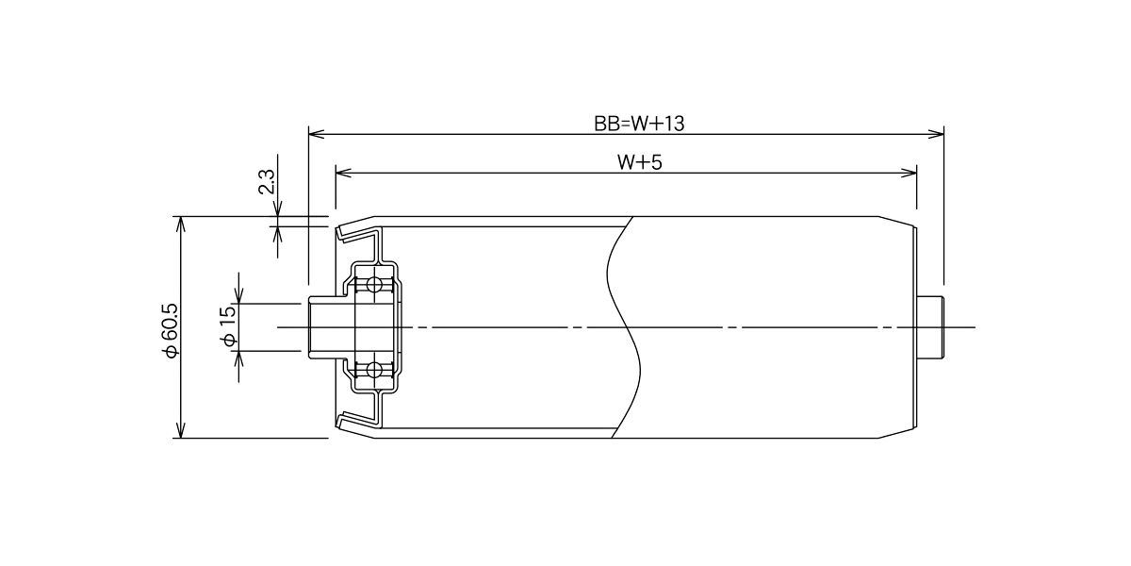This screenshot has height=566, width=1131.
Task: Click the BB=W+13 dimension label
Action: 639,124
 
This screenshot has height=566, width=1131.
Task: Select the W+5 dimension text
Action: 639,162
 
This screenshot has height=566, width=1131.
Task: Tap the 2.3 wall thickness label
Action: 267,182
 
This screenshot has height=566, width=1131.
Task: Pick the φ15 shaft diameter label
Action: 228,326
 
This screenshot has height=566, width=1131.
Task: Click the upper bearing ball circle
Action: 374,285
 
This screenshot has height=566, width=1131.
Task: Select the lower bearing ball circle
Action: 374,370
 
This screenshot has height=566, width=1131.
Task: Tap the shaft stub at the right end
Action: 930,327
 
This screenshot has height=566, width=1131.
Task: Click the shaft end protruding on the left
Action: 323,327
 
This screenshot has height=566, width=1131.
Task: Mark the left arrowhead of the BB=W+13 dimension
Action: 316,134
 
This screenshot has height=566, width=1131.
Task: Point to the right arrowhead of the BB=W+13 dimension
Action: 936,134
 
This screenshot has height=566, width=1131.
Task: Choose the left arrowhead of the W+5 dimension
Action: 343,174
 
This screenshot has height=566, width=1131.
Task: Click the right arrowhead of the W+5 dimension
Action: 909,174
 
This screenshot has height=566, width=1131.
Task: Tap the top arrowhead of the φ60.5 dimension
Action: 180,225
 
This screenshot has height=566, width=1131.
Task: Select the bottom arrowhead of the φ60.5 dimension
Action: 180,430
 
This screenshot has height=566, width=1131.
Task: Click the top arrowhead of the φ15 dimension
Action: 238,295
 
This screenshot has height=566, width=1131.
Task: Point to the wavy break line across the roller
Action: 623,327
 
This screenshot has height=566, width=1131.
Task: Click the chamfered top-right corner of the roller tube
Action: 896,222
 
